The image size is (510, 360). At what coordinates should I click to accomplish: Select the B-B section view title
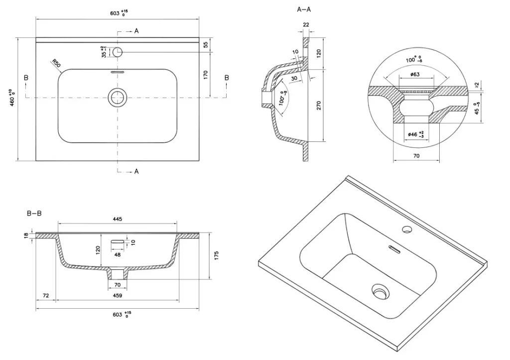coord(34,214)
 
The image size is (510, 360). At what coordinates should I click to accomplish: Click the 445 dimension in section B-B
coord(118,219)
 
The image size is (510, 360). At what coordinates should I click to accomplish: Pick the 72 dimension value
coord(45,296)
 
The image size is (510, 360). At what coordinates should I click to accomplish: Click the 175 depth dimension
coord(216,255)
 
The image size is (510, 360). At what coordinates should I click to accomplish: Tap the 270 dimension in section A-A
coord(319,105)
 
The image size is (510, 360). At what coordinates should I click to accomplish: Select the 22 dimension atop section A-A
coord(306,24)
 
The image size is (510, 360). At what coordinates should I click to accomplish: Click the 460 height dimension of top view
coord(11,98)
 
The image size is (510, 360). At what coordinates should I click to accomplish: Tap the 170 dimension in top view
coord(205,75)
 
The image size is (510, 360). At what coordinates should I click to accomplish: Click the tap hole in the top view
coord(118,52)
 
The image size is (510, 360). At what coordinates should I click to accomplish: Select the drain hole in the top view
coord(118,97)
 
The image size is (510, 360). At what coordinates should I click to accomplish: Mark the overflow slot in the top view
coord(118,72)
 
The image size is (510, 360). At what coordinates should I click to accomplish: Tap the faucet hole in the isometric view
coord(407,230)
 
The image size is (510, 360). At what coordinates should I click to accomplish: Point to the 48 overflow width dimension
coord(118,254)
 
